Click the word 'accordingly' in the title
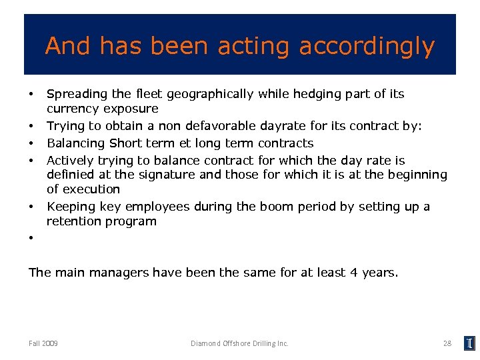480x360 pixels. coord(367,47)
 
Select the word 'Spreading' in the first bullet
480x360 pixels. coord(75,94)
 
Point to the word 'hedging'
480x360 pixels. coord(301,94)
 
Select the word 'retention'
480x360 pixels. coord(74,221)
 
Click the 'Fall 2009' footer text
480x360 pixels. coord(43,343)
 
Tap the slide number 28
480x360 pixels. coord(447,343)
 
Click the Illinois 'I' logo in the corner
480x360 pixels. coord(469,343)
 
